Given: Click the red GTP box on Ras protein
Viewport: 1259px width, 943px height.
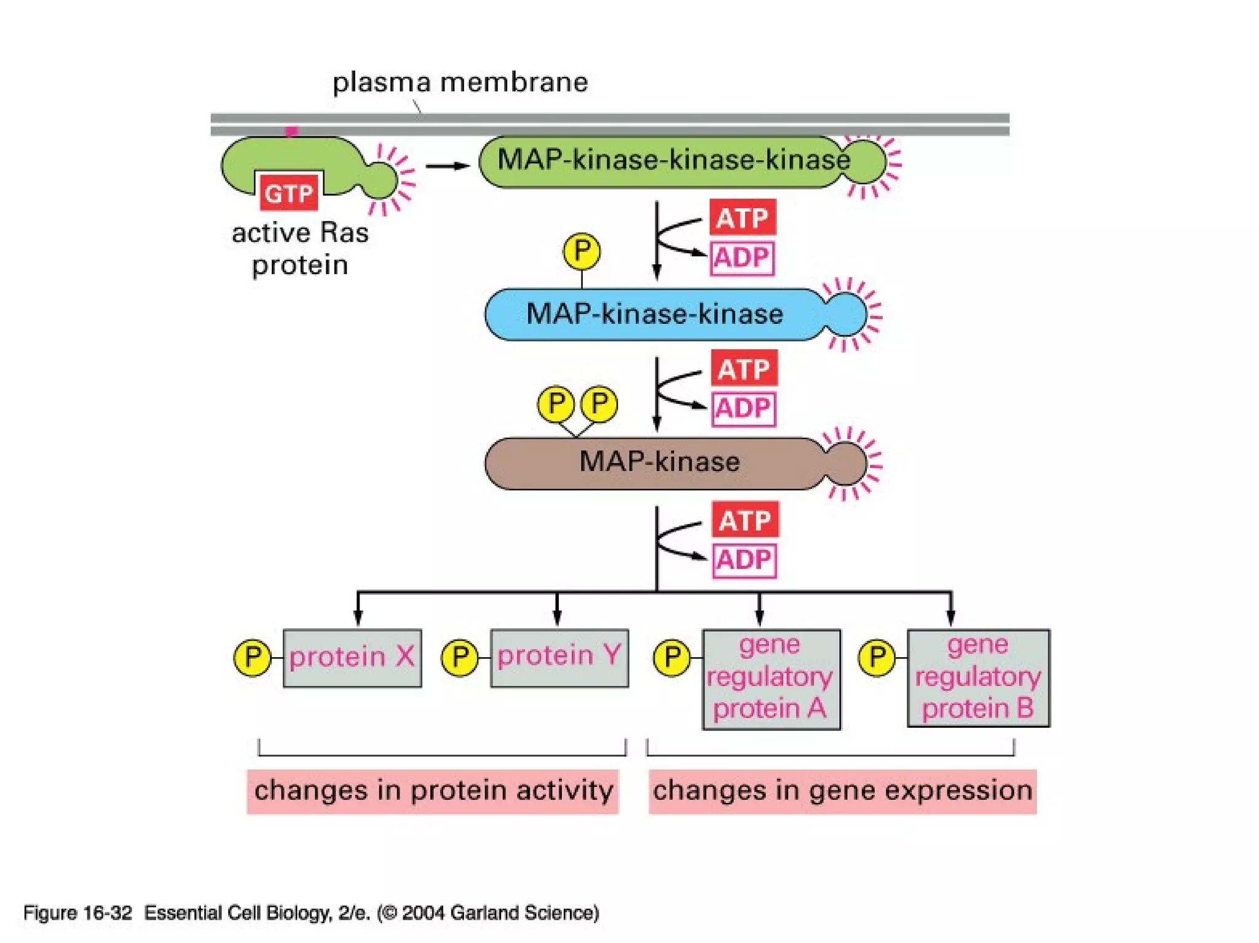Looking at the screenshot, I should pyautogui.click(x=288, y=194).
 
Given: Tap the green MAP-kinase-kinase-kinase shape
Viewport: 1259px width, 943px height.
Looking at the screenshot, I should pyautogui.click(x=673, y=161).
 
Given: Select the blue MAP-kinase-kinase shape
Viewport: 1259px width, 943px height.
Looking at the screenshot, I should pyautogui.click(x=655, y=314).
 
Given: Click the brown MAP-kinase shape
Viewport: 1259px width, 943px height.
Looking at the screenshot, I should pyautogui.click(x=659, y=462).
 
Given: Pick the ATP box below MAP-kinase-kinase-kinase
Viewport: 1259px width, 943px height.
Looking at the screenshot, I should pyautogui.click(x=743, y=218).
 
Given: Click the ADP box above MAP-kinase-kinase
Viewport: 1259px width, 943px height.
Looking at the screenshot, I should pyautogui.click(x=742, y=258).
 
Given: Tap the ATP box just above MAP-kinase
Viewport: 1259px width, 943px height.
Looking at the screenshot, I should pyautogui.click(x=744, y=369).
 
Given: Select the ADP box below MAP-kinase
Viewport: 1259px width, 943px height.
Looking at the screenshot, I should pyautogui.click(x=744, y=560).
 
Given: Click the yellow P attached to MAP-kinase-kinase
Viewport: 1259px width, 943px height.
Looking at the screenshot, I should pyautogui.click(x=582, y=251).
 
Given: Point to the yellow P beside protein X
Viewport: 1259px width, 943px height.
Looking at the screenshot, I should pyautogui.click(x=253, y=657).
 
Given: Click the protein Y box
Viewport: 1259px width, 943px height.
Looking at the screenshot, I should pyautogui.click(x=559, y=657).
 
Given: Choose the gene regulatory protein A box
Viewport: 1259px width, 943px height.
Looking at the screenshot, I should pyautogui.click(x=771, y=679).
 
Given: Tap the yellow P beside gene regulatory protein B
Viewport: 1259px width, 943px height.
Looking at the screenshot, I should pyautogui.click(x=877, y=658).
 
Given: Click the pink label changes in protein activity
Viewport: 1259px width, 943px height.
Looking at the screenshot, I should pyautogui.click(x=433, y=791).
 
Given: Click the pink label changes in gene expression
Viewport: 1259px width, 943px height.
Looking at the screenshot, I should pyautogui.click(x=842, y=791).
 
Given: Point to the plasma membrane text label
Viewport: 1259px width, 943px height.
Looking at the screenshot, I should pyautogui.click(x=460, y=82).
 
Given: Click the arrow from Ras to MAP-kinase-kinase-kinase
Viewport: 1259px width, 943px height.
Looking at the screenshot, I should pyautogui.click(x=448, y=166).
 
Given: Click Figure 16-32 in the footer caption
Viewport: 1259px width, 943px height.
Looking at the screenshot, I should pyautogui.click(x=77, y=913).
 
